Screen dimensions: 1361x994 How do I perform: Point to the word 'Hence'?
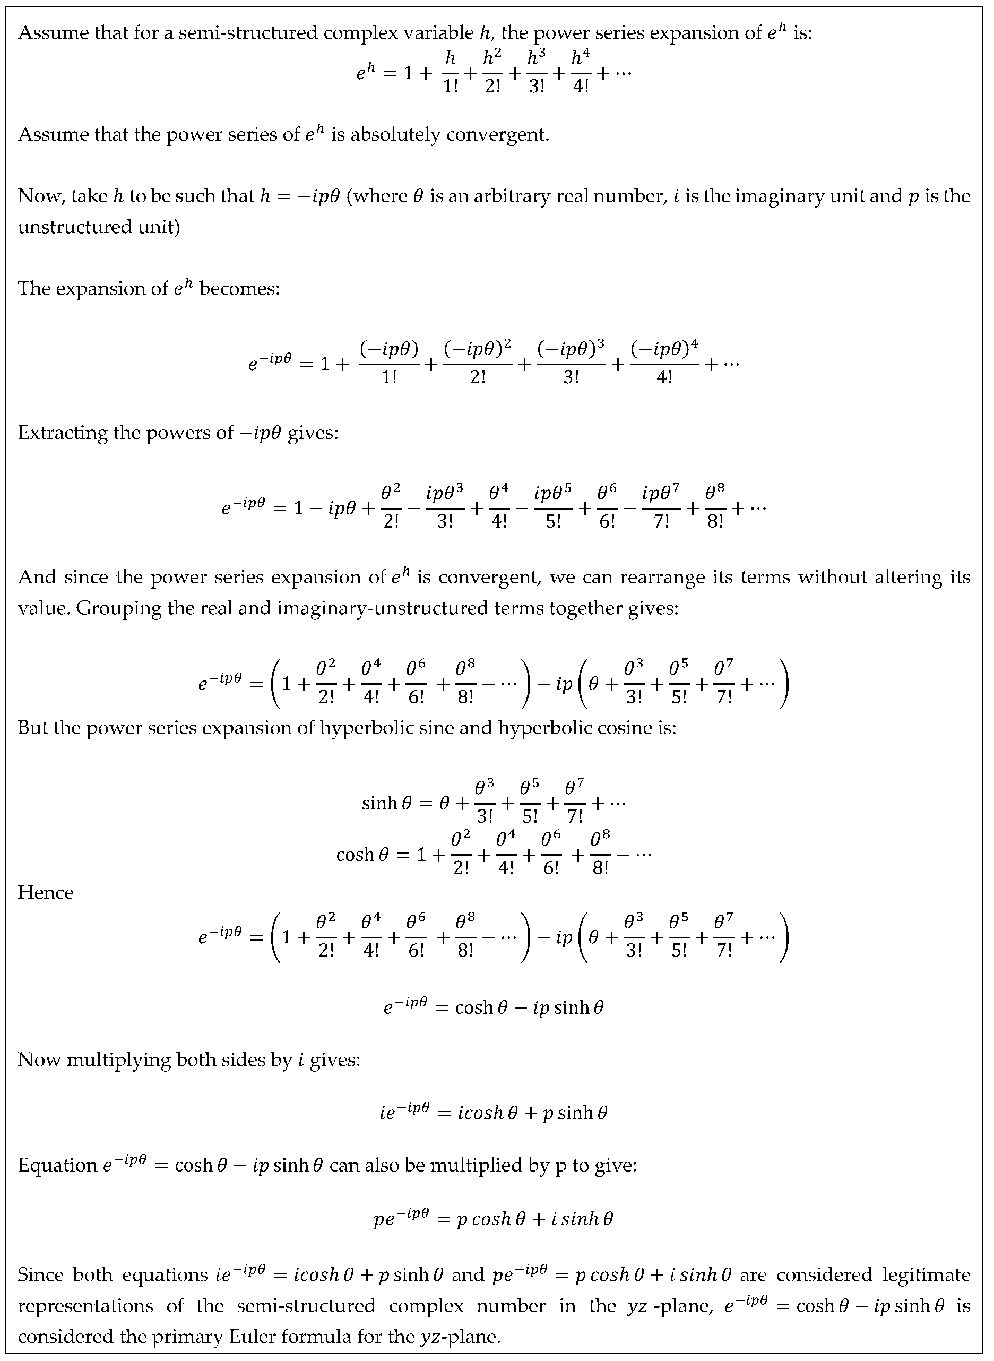46,892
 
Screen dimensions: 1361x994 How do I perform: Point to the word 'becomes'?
239,288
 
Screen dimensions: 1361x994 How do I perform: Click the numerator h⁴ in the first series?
580,58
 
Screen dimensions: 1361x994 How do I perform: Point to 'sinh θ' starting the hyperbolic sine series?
386,803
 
